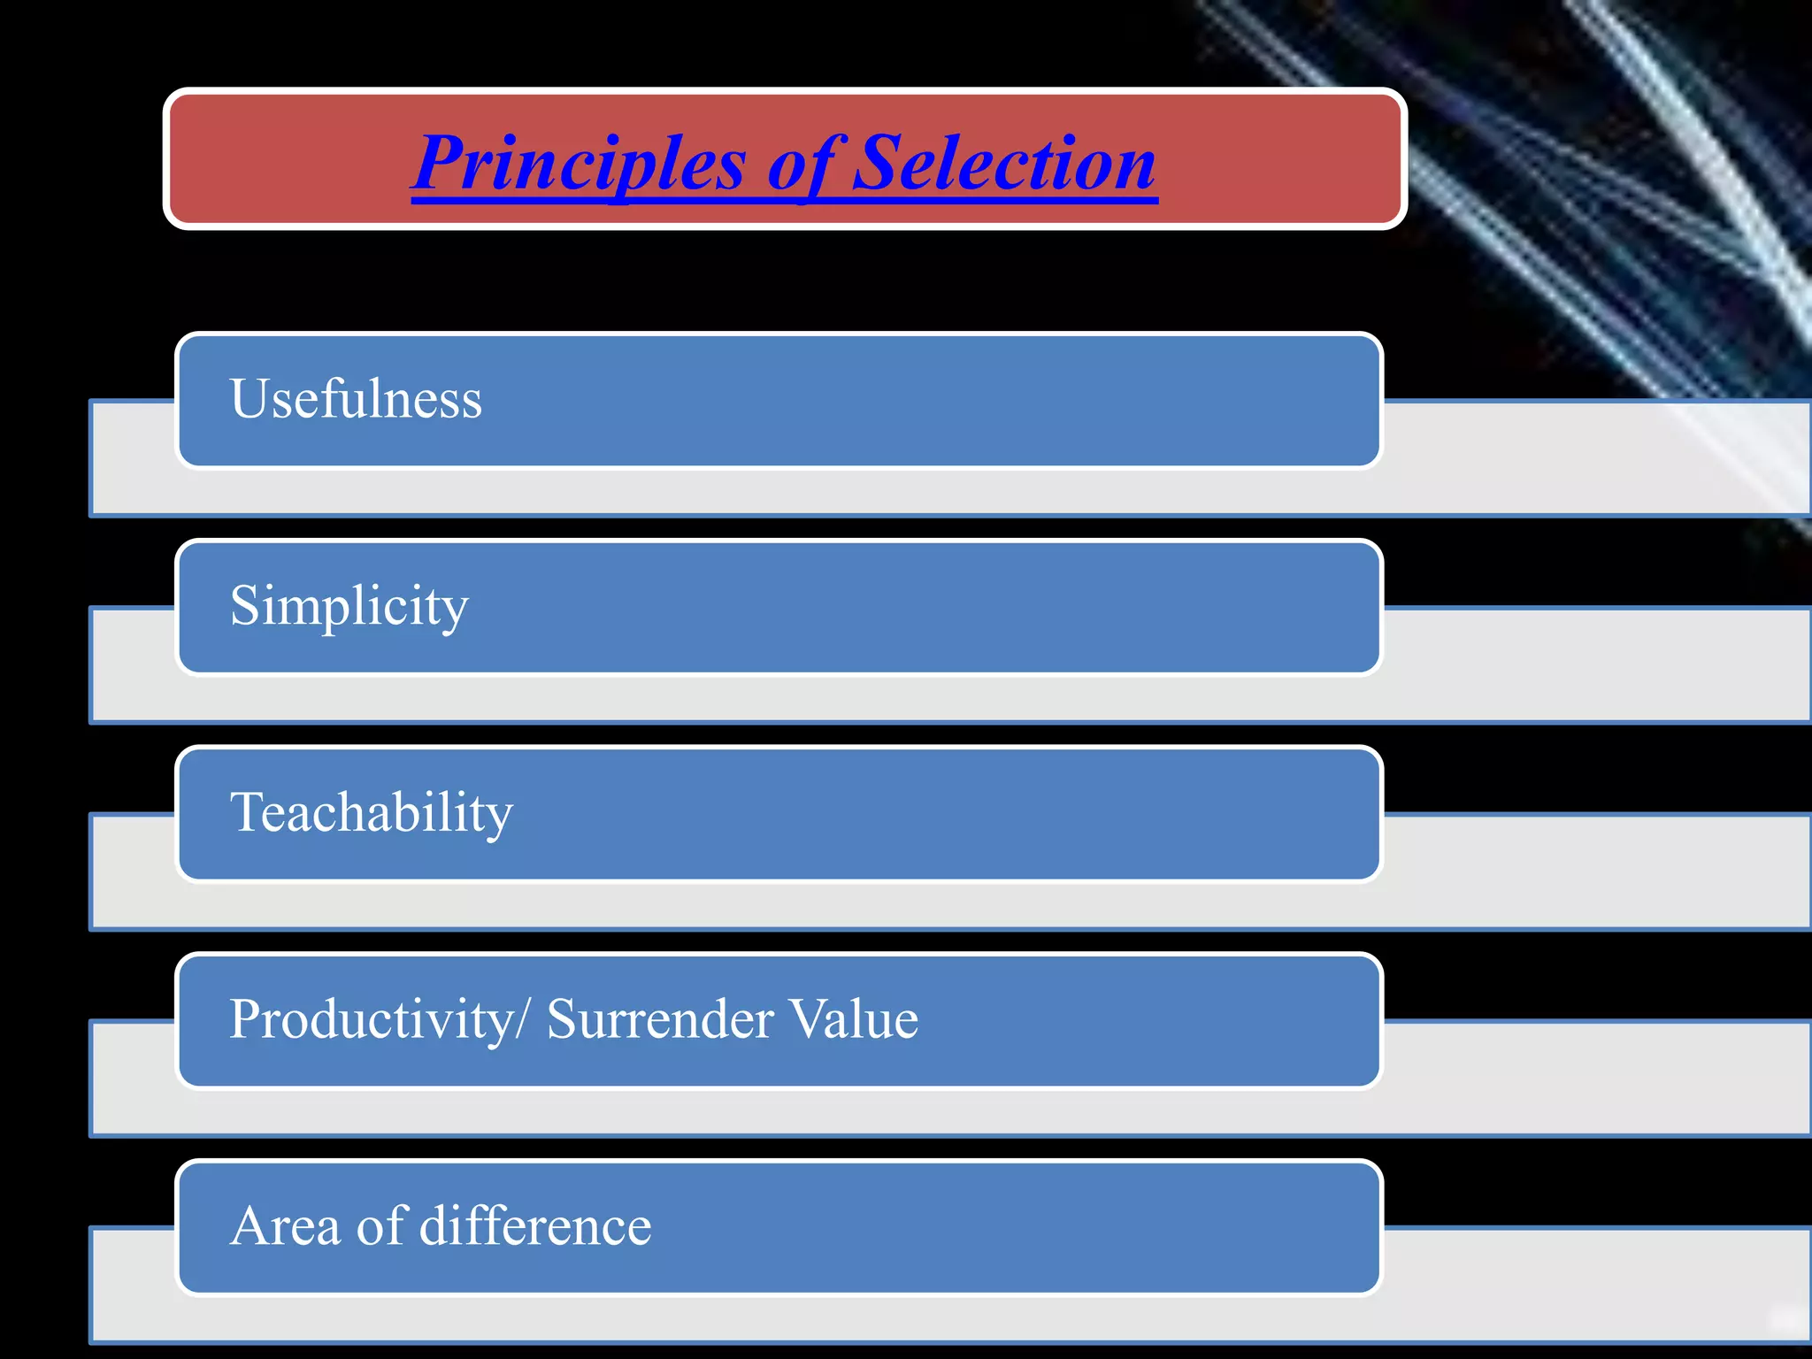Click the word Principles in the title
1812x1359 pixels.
tap(580, 165)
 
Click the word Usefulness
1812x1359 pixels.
tap(356, 399)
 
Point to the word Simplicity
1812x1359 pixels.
tap(349, 607)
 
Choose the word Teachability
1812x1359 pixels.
tap(371, 813)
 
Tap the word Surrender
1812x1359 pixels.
tap(660, 1019)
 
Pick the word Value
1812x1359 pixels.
tap(854, 1019)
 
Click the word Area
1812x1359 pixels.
tap(285, 1226)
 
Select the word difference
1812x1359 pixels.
tap(534, 1226)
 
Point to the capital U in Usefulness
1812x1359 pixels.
tap(250, 399)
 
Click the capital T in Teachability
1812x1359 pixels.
tap(247, 812)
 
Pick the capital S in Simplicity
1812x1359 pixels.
tap(245, 606)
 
